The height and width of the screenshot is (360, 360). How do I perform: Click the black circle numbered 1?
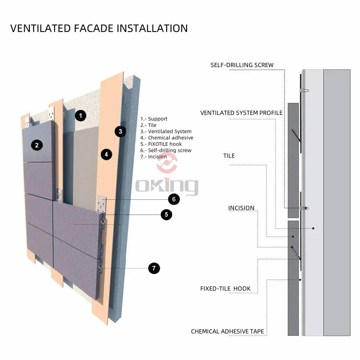click(81, 115)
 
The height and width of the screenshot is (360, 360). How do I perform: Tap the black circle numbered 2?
click(37, 145)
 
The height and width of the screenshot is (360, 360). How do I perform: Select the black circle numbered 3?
click(121, 131)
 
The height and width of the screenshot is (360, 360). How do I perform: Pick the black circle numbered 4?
click(106, 155)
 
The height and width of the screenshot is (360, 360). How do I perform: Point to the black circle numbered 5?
click(166, 214)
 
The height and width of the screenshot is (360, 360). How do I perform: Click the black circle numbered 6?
click(174, 199)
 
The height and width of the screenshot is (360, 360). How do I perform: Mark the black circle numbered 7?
click(154, 268)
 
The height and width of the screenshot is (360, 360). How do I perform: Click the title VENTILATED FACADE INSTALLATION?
click(99, 28)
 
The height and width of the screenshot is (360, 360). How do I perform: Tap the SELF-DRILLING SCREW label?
click(242, 65)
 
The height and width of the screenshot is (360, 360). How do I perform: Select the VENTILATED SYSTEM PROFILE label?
click(241, 113)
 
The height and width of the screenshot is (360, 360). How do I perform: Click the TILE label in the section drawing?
click(229, 156)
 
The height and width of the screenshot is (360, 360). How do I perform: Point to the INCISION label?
click(241, 208)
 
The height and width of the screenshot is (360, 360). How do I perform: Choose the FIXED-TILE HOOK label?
click(225, 288)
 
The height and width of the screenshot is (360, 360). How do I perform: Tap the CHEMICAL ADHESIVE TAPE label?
click(227, 331)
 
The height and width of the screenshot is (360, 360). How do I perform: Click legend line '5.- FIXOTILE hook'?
click(161, 144)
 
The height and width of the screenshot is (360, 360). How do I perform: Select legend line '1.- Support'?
click(154, 119)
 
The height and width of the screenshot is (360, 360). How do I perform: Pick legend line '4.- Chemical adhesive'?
click(167, 138)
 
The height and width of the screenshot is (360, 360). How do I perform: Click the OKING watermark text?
click(167, 186)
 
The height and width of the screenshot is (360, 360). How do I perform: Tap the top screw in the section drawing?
click(305, 90)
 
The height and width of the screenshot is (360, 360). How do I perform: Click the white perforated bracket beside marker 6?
click(102, 204)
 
